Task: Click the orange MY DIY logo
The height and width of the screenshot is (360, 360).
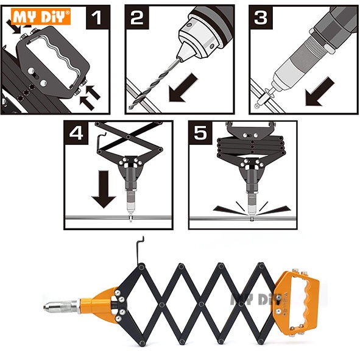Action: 41,16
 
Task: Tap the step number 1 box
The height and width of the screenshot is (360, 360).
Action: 97,18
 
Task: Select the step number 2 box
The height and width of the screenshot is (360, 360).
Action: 137,18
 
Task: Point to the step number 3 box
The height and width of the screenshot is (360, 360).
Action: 261,18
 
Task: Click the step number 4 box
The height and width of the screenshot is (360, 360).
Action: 76,133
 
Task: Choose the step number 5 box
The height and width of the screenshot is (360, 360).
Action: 200,133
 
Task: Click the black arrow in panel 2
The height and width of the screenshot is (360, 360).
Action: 183,88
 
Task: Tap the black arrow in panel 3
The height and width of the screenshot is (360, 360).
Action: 320,91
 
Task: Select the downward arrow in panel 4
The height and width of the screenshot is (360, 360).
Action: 104,189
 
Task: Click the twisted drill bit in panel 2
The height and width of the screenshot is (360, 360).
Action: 154,83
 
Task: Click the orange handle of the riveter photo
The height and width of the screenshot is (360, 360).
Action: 297,303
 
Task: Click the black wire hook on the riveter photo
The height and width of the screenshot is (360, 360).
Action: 139,251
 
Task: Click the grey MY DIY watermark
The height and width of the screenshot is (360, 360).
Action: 255,299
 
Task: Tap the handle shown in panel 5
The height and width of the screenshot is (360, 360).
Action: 251,130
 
